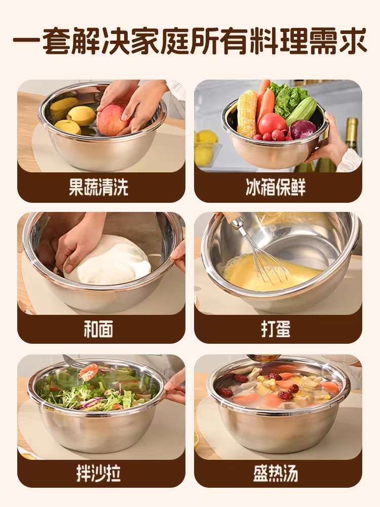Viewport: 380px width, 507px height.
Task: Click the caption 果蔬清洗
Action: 99,187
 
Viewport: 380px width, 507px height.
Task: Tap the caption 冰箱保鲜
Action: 276,187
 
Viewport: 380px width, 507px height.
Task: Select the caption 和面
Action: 99,329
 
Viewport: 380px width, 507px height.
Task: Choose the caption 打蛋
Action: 276,329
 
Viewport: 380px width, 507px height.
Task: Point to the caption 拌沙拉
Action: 99,474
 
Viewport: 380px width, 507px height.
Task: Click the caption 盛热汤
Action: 276,474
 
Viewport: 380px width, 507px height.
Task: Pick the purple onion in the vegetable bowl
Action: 302,129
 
